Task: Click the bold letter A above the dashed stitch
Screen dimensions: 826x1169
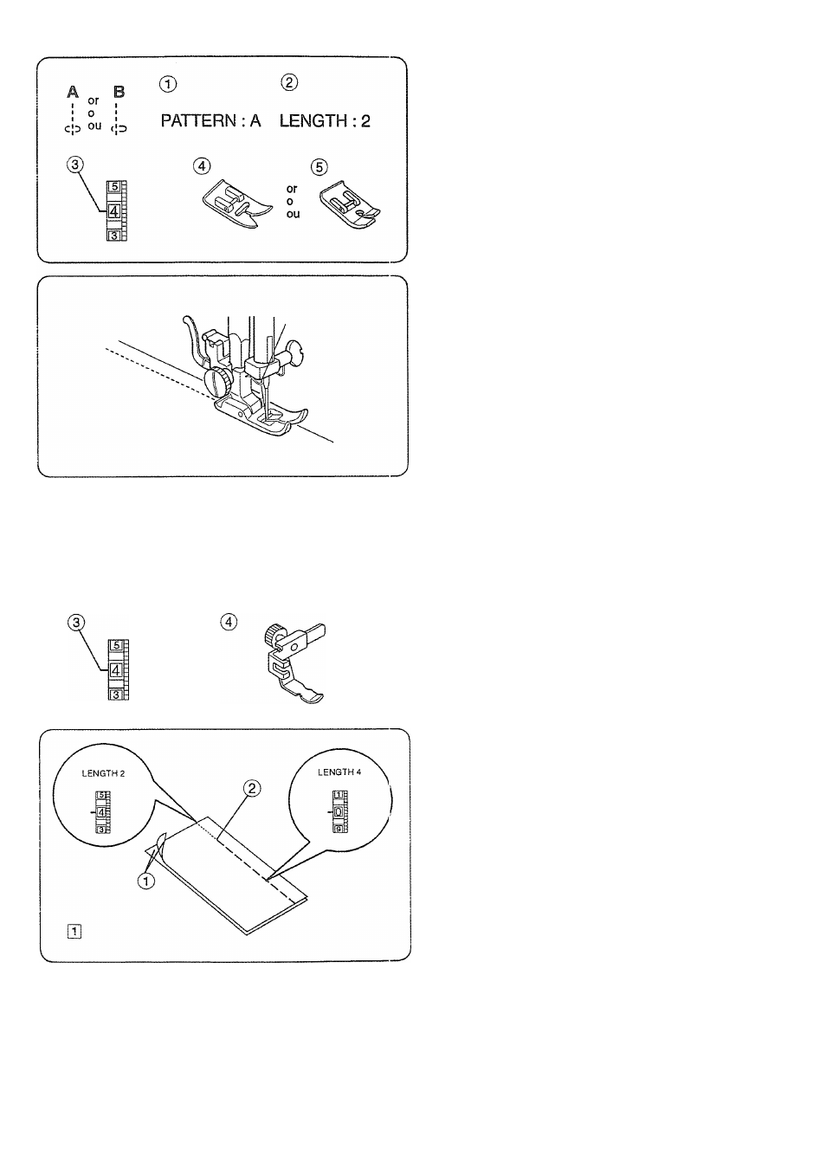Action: point(73,93)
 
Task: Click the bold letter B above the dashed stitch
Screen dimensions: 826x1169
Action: point(119,93)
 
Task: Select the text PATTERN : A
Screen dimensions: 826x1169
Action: point(210,121)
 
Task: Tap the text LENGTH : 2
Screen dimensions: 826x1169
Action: point(325,121)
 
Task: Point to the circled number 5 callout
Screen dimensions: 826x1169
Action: point(319,167)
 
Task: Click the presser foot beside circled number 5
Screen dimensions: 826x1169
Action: point(350,204)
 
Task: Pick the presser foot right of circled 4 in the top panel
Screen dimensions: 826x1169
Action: point(237,204)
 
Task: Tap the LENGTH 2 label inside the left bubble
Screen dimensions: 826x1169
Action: point(103,773)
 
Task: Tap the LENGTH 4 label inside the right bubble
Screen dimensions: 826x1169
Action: point(339,772)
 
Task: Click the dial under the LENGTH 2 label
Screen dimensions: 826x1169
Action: point(102,812)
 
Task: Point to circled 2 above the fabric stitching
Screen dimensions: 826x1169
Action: point(252,789)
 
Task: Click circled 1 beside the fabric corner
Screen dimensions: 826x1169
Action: point(146,882)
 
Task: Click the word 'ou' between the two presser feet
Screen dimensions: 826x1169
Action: point(293,214)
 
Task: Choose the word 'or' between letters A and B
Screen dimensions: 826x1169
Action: point(94,100)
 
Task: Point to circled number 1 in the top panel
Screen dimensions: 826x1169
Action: point(168,84)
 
